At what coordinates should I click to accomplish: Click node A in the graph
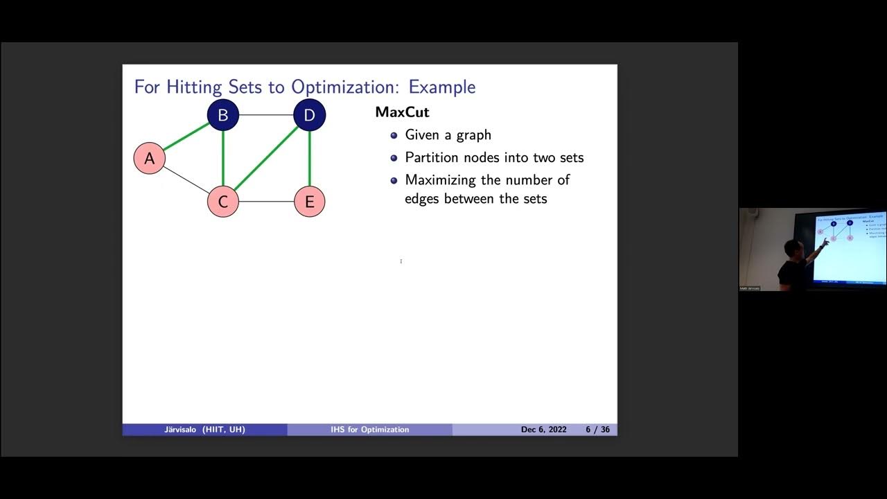(149, 158)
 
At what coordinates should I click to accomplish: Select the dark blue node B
(223, 115)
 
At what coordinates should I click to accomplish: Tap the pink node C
(223, 202)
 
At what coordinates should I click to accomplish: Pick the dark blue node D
(309, 115)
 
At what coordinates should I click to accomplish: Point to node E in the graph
(309, 202)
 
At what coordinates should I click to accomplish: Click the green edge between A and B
(186, 137)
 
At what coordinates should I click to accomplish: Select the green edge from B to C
(223, 158)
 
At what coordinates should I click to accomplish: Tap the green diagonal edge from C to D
(266, 158)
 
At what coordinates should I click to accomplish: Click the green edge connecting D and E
(309, 158)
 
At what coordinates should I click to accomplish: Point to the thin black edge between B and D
(266, 115)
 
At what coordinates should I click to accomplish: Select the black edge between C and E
(266, 202)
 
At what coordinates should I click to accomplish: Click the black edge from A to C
(186, 180)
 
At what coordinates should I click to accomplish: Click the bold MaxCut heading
(402, 112)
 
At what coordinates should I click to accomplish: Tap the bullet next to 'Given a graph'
(394, 135)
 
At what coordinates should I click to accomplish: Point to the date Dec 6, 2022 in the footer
(543, 430)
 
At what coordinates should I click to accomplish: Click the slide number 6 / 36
(597, 430)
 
